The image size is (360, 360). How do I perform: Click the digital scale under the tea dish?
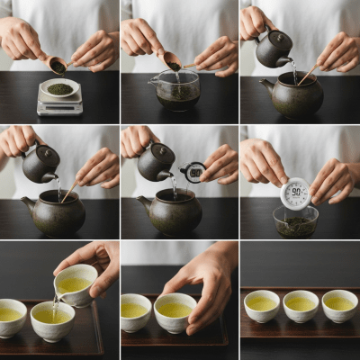[59, 106]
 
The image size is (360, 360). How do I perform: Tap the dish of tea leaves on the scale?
[60, 89]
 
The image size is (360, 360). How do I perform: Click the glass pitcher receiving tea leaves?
[177, 91]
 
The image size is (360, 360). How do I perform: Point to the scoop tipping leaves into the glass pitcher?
[171, 61]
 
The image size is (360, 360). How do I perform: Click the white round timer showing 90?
[295, 193]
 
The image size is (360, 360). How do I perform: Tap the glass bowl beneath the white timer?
[295, 222]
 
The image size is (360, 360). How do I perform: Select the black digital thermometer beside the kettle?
[193, 171]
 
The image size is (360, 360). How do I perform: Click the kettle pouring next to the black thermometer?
[156, 163]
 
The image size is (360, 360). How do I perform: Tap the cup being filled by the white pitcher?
[52, 321]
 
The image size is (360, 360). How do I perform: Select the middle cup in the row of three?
[301, 306]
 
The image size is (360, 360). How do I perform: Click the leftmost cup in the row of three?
[262, 306]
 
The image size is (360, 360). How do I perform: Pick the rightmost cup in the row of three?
[339, 306]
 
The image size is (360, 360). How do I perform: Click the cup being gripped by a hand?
[175, 312]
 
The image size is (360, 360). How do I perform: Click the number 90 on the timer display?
[295, 192]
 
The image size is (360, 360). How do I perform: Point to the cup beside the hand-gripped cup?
[136, 312]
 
